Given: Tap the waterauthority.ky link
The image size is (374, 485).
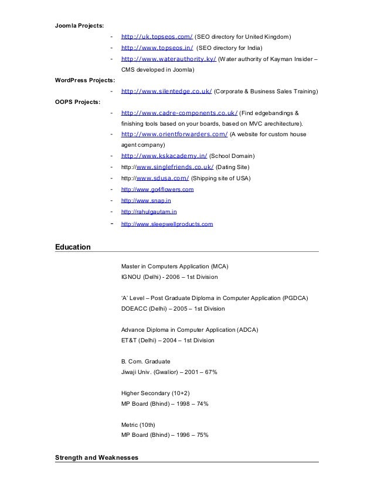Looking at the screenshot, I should click(x=168, y=59).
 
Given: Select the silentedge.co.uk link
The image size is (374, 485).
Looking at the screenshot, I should click(x=166, y=92).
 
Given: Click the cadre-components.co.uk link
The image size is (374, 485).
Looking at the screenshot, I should click(x=179, y=113).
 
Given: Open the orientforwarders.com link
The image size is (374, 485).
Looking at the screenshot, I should click(x=174, y=134).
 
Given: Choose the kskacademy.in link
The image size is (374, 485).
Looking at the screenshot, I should click(x=162, y=156).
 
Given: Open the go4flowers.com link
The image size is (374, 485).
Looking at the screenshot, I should click(x=157, y=190).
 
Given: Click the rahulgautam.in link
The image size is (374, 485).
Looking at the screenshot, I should click(x=148, y=212).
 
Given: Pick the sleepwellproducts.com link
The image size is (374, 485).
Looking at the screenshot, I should click(x=166, y=224).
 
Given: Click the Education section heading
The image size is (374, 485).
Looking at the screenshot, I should click(x=73, y=247).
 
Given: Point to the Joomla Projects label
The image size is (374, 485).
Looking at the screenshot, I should click(x=79, y=26).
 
